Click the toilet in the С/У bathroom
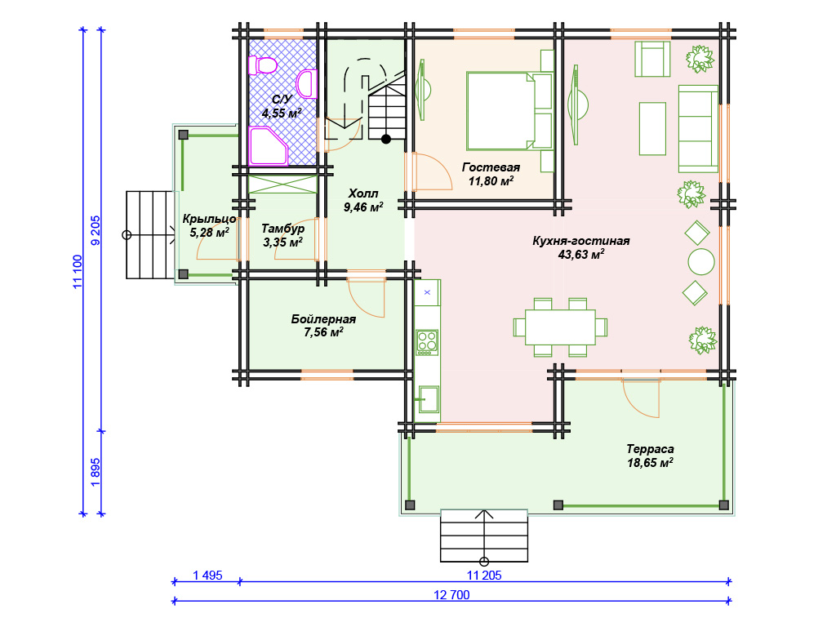[x=262, y=65]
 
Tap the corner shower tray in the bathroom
[x=268, y=145]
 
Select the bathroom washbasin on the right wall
[x=307, y=84]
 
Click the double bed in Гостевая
[x=509, y=111]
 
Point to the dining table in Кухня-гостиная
[x=560, y=327]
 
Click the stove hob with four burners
[x=426, y=342]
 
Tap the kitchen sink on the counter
[x=428, y=398]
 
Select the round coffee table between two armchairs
[x=701, y=262]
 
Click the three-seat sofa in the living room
[x=698, y=128]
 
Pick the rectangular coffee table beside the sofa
[x=652, y=128]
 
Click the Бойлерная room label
[x=323, y=319]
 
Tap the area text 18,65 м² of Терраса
[x=650, y=462]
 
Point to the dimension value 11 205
[x=484, y=576]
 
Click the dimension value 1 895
[x=96, y=472]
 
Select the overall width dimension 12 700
[x=451, y=595]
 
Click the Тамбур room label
[x=283, y=229]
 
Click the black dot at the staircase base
[x=386, y=139]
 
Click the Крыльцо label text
[x=209, y=219]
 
